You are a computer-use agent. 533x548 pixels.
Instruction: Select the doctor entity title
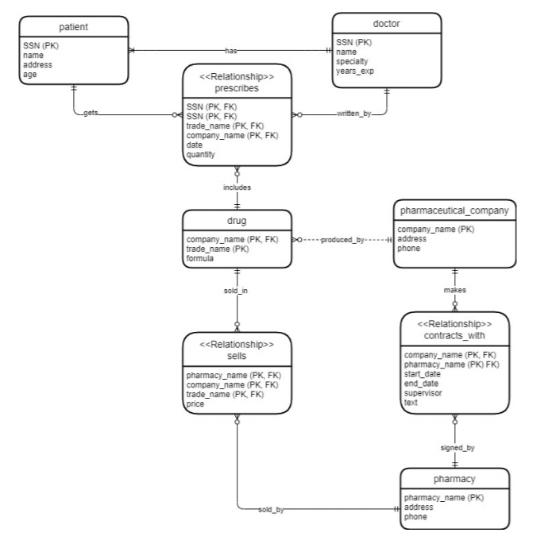pyautogui.click(x=386, y=24)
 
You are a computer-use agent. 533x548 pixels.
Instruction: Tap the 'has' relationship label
pyautogui.click(x=231, y=50)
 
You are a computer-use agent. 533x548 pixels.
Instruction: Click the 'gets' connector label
pyautogui.click(x=91, y=114)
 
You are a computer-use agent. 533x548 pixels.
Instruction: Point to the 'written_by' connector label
pyautogui.click(x=346, y=114)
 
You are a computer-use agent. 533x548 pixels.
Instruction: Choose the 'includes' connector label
pyautogui.click(x=237, y=187)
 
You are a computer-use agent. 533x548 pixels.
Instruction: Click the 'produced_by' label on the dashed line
pyautogui.click(x=342, y=239)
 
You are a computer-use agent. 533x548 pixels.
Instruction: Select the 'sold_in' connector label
pyautogui.click(x=237, y=291)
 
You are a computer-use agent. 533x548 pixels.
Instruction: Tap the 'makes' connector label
pyautogui.click(x=454, y=291)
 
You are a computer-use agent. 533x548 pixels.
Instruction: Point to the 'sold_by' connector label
pyautogui.click(x=271, y=509)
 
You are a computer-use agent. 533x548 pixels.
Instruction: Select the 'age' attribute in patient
pyautogui.click(x=32, y=74)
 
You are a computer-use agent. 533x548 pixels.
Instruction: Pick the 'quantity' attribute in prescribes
pyautogui.click(x=200, y=154)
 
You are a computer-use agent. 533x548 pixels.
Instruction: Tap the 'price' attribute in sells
pyautogui.click(x=195, y=403)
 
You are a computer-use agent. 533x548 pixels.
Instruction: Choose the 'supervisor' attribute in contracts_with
pyautogui.click(x=423, y=392)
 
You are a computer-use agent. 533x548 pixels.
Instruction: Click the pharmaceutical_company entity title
pyautogui.click(x=453, y=210)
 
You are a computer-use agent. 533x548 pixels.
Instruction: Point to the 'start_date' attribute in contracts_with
pyautogui.click(x=423, y=374)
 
